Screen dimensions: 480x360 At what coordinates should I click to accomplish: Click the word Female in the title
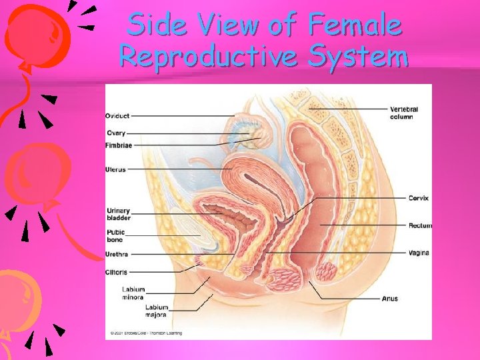click(x=355, y=25)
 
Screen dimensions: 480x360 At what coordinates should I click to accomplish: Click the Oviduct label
click(x=117, y=116)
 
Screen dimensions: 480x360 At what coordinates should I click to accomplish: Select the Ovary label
click(x=115, y=133)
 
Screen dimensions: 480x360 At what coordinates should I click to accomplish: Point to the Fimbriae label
click(x=119, y=145)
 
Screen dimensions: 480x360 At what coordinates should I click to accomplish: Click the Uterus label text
click(x=115, y=169)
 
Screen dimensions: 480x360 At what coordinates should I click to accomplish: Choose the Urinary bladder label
click(x=119, y=215)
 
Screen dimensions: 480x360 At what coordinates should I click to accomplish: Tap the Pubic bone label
click(x=116, y=236)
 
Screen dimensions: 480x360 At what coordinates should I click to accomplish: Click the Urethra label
click(x=117, y=255)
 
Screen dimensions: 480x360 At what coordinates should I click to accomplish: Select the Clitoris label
click(x=117, y=272)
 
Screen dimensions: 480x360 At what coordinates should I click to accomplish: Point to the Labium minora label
click(x=133, y=293)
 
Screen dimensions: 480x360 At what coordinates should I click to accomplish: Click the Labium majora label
click(x=157, y=311)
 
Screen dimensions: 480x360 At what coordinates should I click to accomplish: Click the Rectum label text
click(x=420, y=226)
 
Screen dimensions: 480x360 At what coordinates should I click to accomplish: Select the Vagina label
click(x=419, y=253)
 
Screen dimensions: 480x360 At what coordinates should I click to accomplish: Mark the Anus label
click(x=390, y=298)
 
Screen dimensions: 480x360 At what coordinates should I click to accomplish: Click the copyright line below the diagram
click(x=146, y=333)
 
